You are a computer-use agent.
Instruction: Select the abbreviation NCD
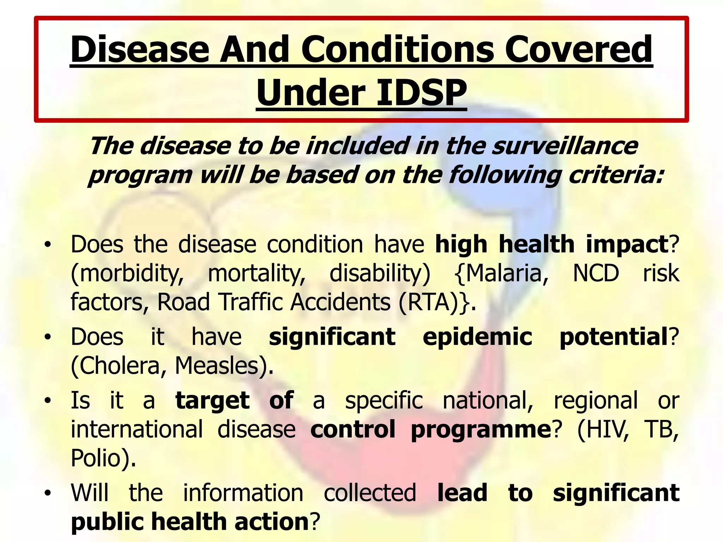[596, 273]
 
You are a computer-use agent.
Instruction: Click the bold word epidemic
[477, 337]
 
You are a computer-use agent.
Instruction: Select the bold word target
[213, 401]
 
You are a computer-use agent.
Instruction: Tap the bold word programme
[480, 430]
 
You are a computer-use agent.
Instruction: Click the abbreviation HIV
[603, 430]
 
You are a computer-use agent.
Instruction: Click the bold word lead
[462, 493]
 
